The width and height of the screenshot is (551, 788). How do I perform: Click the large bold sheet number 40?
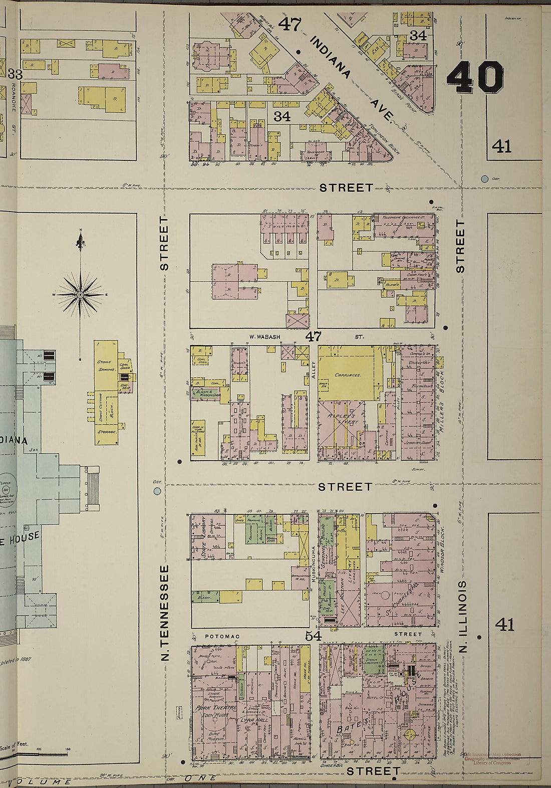click(x=475, y=77)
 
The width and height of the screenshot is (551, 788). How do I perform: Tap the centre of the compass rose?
click(x=80, y=294)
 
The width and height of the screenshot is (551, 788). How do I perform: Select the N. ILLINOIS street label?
click(x=462, y=616)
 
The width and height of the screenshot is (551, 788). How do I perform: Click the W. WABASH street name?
click(x=265, y=337)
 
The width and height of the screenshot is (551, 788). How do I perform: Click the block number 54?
click(x=313, y=636)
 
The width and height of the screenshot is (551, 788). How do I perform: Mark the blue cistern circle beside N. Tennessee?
click(x=157, y=491)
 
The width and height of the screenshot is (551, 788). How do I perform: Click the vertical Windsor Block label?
click(x=442, y=549)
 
